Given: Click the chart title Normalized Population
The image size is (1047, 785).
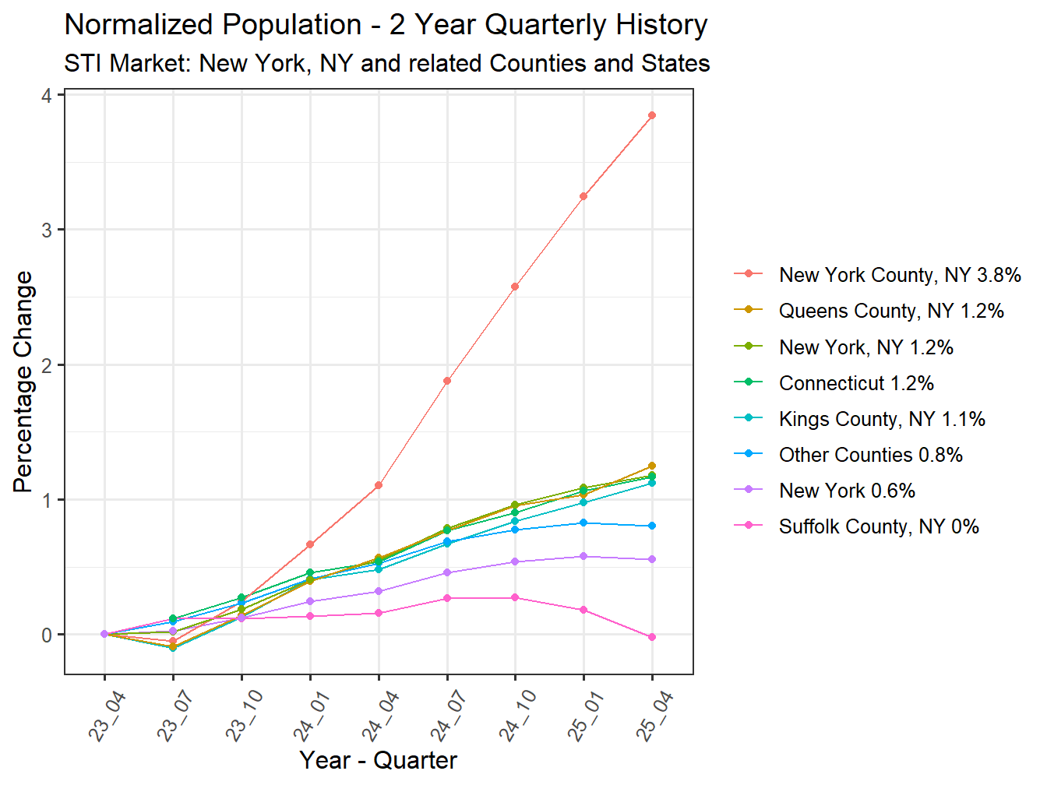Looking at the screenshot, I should pos(386,25).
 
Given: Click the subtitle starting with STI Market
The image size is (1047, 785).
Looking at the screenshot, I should pos(386,63).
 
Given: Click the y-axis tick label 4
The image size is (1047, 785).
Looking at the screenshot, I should pos(48,95).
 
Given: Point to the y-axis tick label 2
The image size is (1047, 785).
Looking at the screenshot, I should pos(48,365).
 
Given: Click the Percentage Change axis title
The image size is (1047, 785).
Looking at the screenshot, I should pos(23,382).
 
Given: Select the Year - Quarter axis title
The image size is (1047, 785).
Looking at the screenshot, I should pos(378,760).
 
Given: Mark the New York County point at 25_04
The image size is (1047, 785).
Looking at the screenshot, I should pos(652,115).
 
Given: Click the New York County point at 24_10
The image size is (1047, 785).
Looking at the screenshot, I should pos(515,287).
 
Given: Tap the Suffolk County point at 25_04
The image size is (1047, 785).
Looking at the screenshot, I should pos(652,637).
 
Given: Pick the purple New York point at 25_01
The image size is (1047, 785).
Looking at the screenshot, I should pos(583,556).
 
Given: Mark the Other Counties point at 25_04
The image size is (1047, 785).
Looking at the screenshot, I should pos(652,526).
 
